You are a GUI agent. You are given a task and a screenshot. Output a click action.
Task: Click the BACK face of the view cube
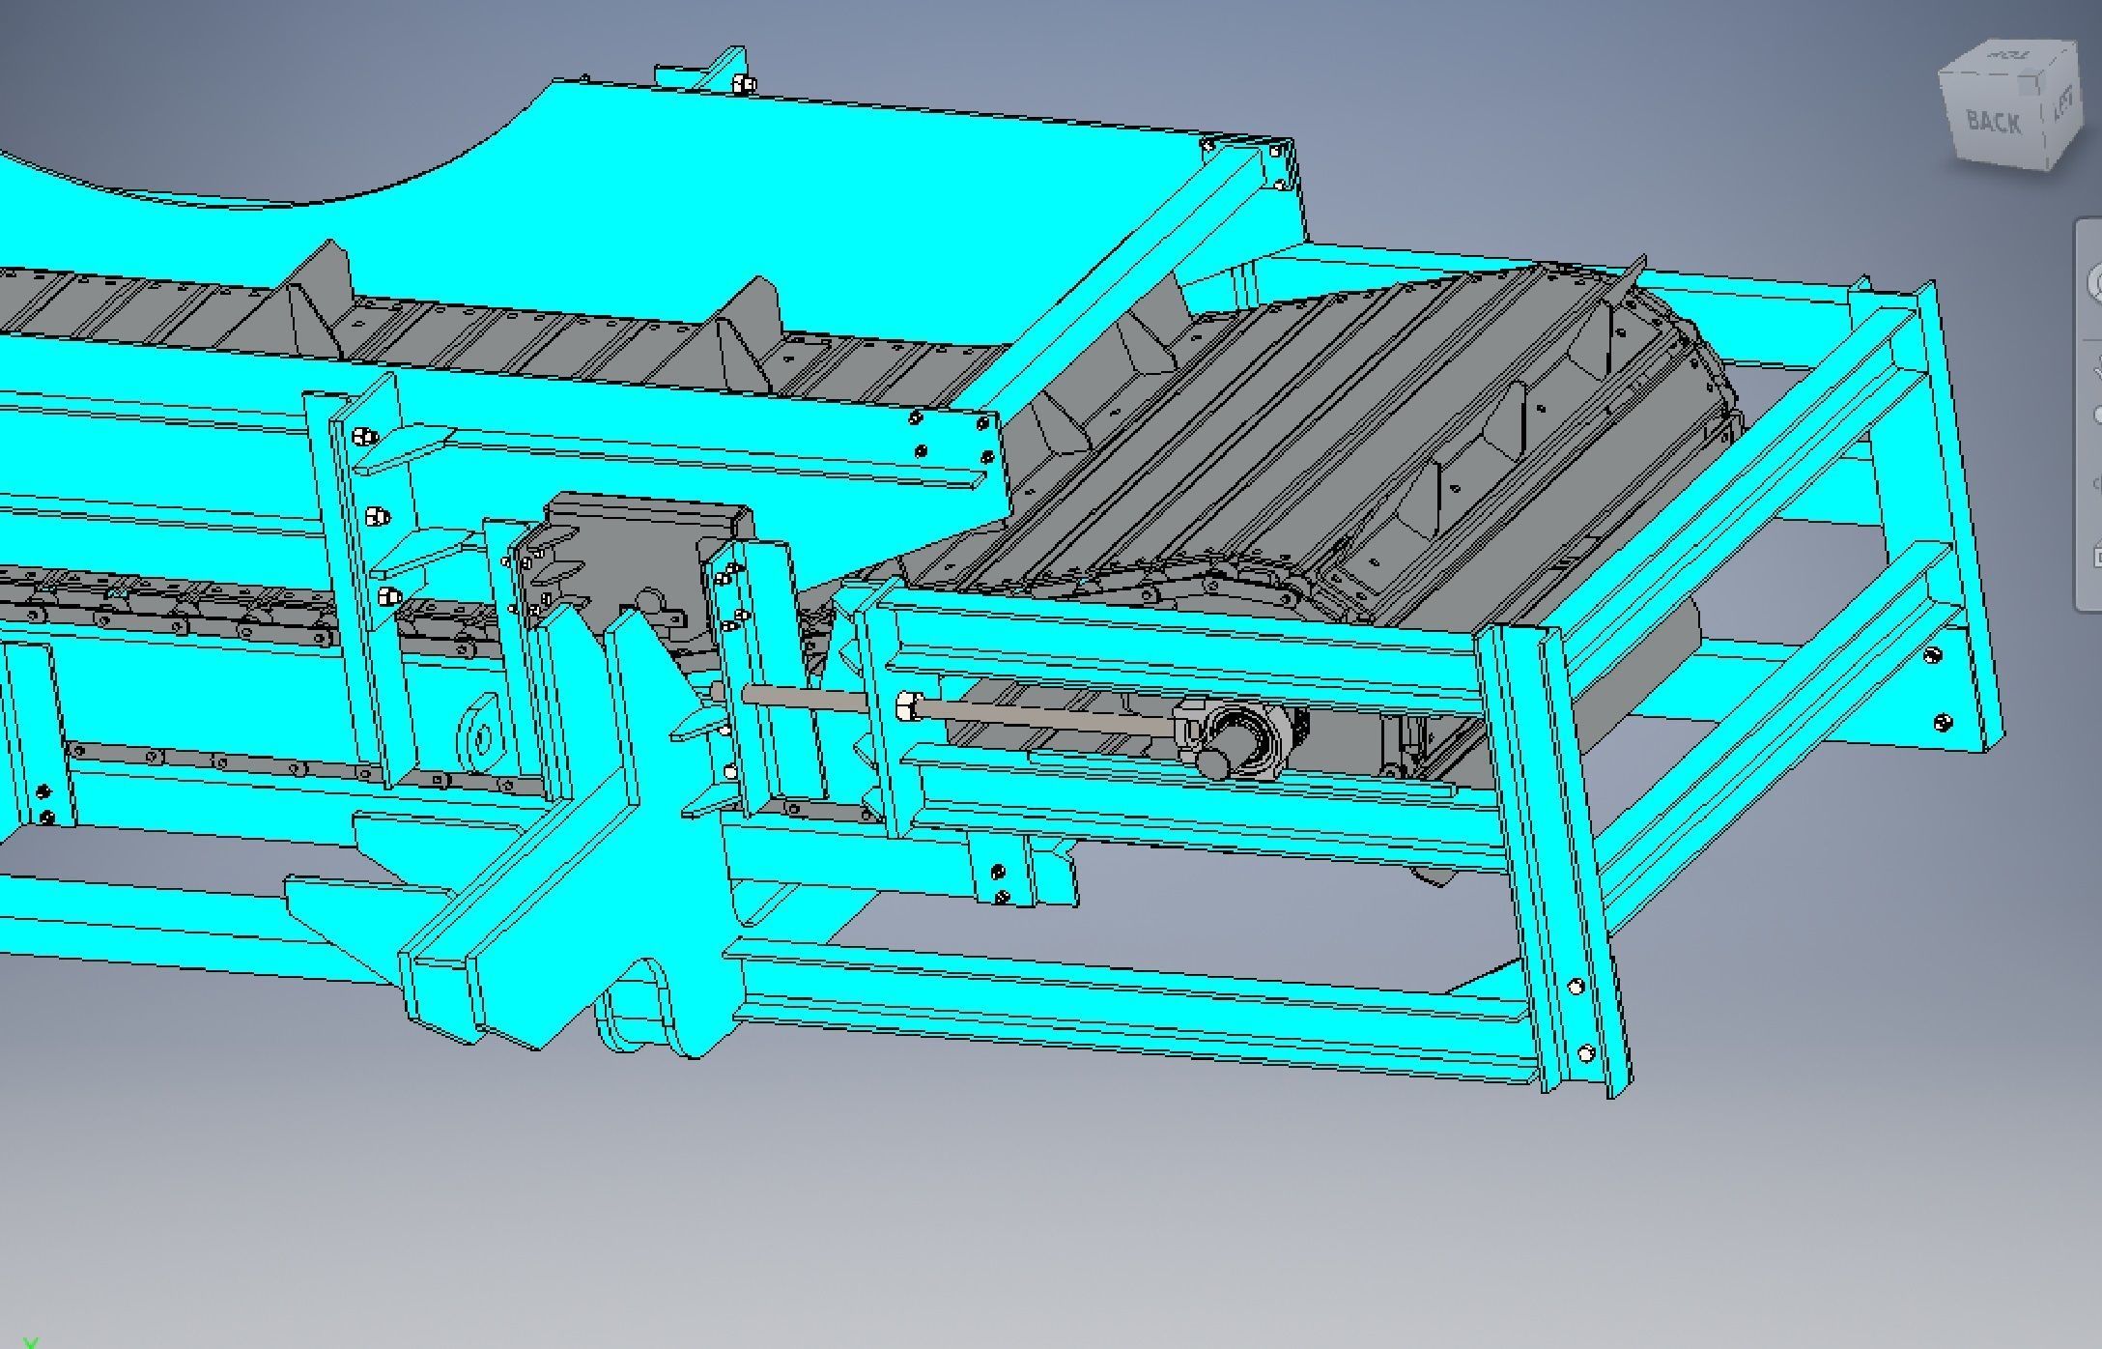coord(1993,122)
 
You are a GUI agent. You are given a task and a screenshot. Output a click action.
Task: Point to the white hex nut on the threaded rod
coord(907,705)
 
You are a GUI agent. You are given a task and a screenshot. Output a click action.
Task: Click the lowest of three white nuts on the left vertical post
coord(388,595)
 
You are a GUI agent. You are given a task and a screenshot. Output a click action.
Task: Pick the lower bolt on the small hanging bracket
coord(1002,898)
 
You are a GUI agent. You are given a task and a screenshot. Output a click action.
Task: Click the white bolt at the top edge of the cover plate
coord(744,85)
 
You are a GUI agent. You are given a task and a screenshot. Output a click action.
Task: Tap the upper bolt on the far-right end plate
coord(1931,656)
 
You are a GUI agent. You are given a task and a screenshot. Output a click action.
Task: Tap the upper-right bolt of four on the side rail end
coord(983,423)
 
